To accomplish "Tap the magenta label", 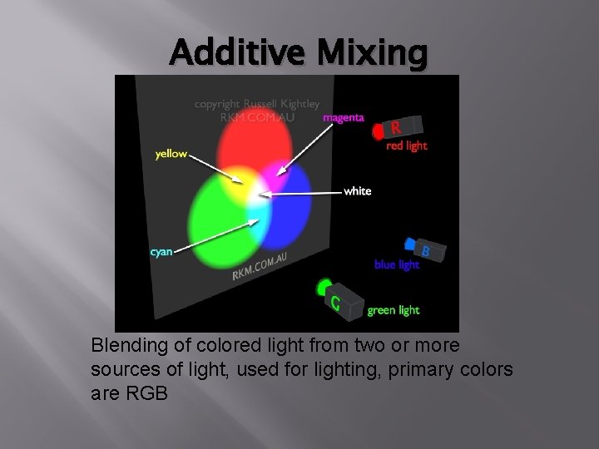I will pos(343,118).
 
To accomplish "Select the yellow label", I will pos(171,154).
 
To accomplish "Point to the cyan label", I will pos(161,252).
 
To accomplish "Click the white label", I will pos(357,191).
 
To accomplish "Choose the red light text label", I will pos(407,146).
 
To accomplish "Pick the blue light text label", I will pos(397,265).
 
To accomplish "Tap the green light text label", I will pos(394,310).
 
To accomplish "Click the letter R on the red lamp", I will pos(397,128).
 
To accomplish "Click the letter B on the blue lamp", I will pos(425,250).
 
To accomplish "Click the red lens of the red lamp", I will pos(378,131).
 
